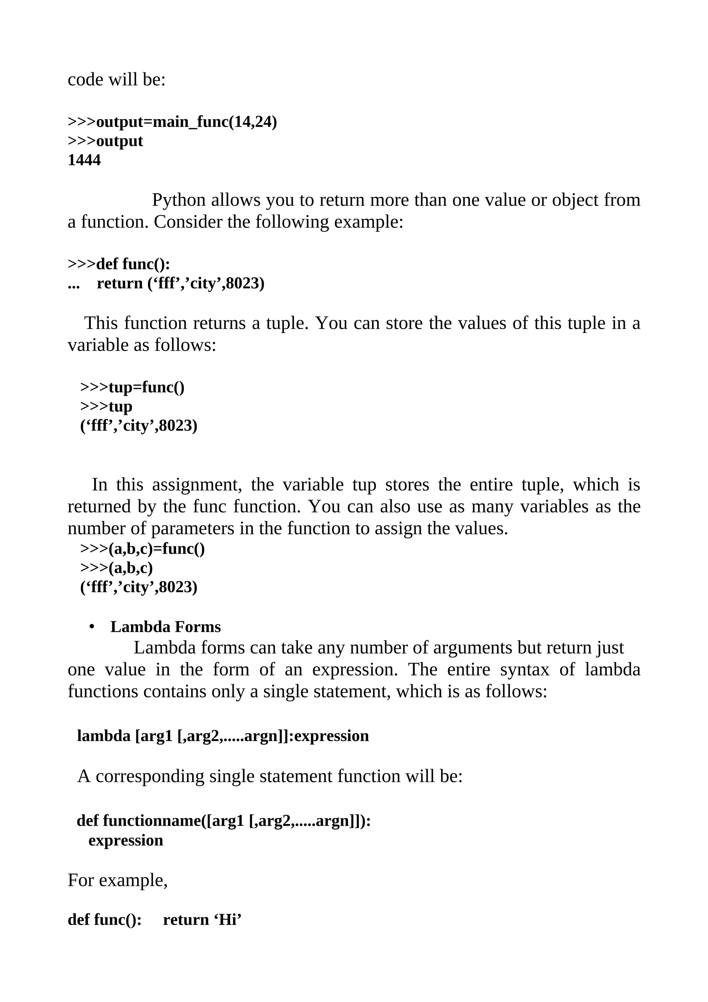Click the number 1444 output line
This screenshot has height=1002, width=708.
84,160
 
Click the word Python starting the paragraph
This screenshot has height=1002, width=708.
178,200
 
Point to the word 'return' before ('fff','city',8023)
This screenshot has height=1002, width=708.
120,283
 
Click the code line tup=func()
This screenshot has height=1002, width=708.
147,387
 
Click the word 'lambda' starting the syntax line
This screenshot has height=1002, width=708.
103,736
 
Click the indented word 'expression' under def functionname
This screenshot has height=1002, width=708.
125,840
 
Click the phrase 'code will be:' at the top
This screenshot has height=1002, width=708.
117,80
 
